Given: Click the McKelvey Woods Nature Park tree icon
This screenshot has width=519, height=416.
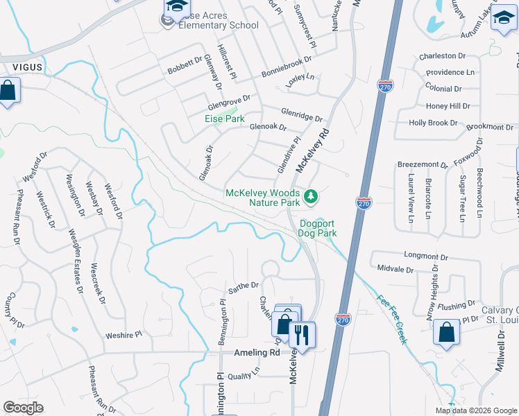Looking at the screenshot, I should [x=312, y=197].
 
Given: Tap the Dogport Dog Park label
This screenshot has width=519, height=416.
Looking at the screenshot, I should [x=318, y=229].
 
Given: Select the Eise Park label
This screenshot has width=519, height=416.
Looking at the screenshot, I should [x=225, y=119].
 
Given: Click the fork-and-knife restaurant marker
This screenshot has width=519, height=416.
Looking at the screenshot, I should [x=301, y=335].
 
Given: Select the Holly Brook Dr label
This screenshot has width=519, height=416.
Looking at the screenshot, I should [x=434, y=123].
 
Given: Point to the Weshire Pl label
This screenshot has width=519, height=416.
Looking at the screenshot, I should [x=124, y=334].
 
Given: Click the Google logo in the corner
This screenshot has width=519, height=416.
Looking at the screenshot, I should [x=22, y=408].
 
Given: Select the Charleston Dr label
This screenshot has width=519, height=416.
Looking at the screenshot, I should [x=442, y=55].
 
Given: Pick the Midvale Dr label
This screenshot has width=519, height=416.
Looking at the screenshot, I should [x=395, y=268].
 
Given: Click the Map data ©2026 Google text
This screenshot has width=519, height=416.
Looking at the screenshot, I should [x=475, y=410].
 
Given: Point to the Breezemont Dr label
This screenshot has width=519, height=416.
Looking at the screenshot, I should [x=423, y=164].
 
